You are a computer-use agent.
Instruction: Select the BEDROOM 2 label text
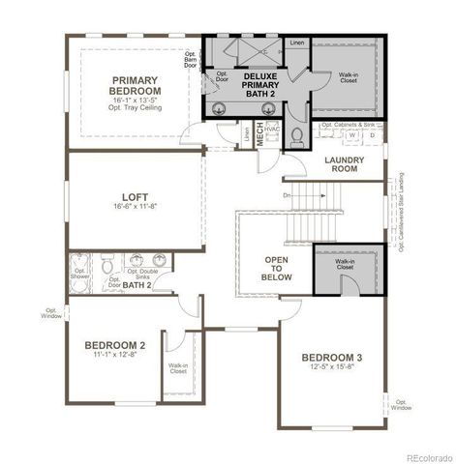[x=115, y=345]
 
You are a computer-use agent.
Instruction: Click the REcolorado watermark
[x=427, y=456]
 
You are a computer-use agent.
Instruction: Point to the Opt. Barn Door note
[x=190, y=61]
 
